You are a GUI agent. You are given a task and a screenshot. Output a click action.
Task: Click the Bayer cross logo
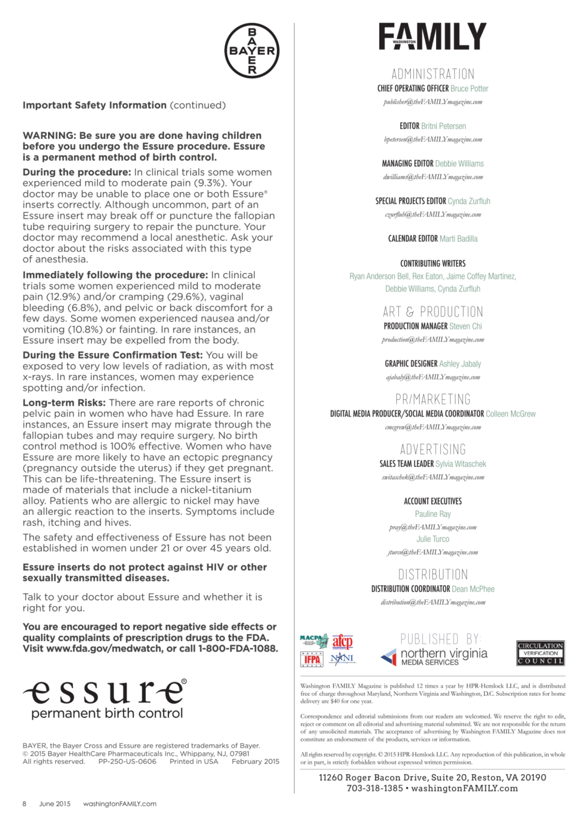pyautogui.click(x=252, y=51)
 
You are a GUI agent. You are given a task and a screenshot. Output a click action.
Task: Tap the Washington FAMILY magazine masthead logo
pyautogui.click(x=433, y=36)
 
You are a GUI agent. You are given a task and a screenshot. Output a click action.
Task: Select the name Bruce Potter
pyautogui.click(x=469, y=88)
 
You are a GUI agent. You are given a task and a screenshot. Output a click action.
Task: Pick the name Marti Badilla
pyautogui.click(x=458, y=239)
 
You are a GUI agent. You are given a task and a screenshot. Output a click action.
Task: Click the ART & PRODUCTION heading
pyautogui.click(x=433, y=312)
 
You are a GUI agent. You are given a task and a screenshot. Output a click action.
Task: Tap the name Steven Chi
pyautogui.click(x=466, y=326)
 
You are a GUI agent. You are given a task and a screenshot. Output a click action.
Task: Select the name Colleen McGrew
pyautogui.click(x=511, y=414)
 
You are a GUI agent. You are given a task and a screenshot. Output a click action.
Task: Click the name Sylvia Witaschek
pyautogui.click(x=461, y=464)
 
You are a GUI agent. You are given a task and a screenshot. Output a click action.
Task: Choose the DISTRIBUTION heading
pyautogui.click(x=433, y=575)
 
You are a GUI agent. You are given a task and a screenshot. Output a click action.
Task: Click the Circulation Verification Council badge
pyautogui.click(x=540, y=653)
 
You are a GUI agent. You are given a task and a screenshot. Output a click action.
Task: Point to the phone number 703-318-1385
pyautogui.click(x=375, y=788)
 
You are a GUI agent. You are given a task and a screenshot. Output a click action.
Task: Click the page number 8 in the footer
pyautogui.click(x=24, y=804)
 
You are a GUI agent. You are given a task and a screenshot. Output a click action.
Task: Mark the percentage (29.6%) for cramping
pyautogui.click(x=187, y=297)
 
